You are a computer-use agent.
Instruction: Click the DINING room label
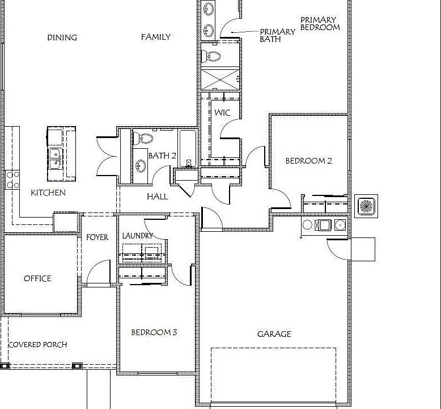coord(62,37)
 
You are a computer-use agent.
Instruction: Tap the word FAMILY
coord(155,37)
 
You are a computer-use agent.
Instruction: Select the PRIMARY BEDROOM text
coord(320,23)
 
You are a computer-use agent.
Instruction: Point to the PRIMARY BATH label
coord(277,35)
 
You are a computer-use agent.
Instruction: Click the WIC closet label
coord(222,112)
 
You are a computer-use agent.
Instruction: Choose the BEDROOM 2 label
coord(308,161)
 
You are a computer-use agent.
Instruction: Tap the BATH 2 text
coord(162,156)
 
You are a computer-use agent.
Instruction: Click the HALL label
coord(157,197)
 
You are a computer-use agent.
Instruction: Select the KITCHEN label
coord(48,193)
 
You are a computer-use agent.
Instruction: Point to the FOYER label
coord(97,237)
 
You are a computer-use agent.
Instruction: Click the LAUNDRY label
coord(137,235)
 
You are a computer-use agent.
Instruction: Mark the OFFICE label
coord(37,278)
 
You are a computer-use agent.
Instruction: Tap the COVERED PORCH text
coord(37,344)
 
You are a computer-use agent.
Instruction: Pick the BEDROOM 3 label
coord(154,332)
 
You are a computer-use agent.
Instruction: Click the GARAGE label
coord(274,334)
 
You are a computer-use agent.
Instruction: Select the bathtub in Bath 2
coord(188,148)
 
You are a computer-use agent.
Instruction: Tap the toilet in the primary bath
coord(213,56)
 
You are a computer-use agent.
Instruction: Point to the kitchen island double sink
coord(55,158)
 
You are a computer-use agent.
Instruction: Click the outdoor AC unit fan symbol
coord(366,205)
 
